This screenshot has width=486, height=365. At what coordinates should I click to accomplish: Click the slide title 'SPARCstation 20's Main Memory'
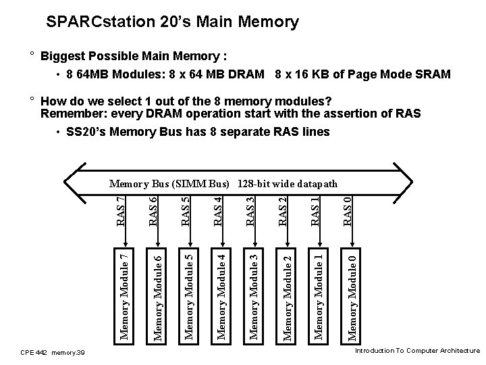tap(172, 22)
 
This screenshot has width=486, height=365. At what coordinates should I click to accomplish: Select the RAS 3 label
tap(250, 211)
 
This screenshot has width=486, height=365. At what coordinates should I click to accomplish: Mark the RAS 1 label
tap(315, 211)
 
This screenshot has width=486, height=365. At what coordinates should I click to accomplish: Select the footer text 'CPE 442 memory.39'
tap(52, 352)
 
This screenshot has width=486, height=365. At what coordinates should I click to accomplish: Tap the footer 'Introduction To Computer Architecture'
tap(416, 351)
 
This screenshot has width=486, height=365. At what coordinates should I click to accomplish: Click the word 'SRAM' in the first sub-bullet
tap(431, 74)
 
